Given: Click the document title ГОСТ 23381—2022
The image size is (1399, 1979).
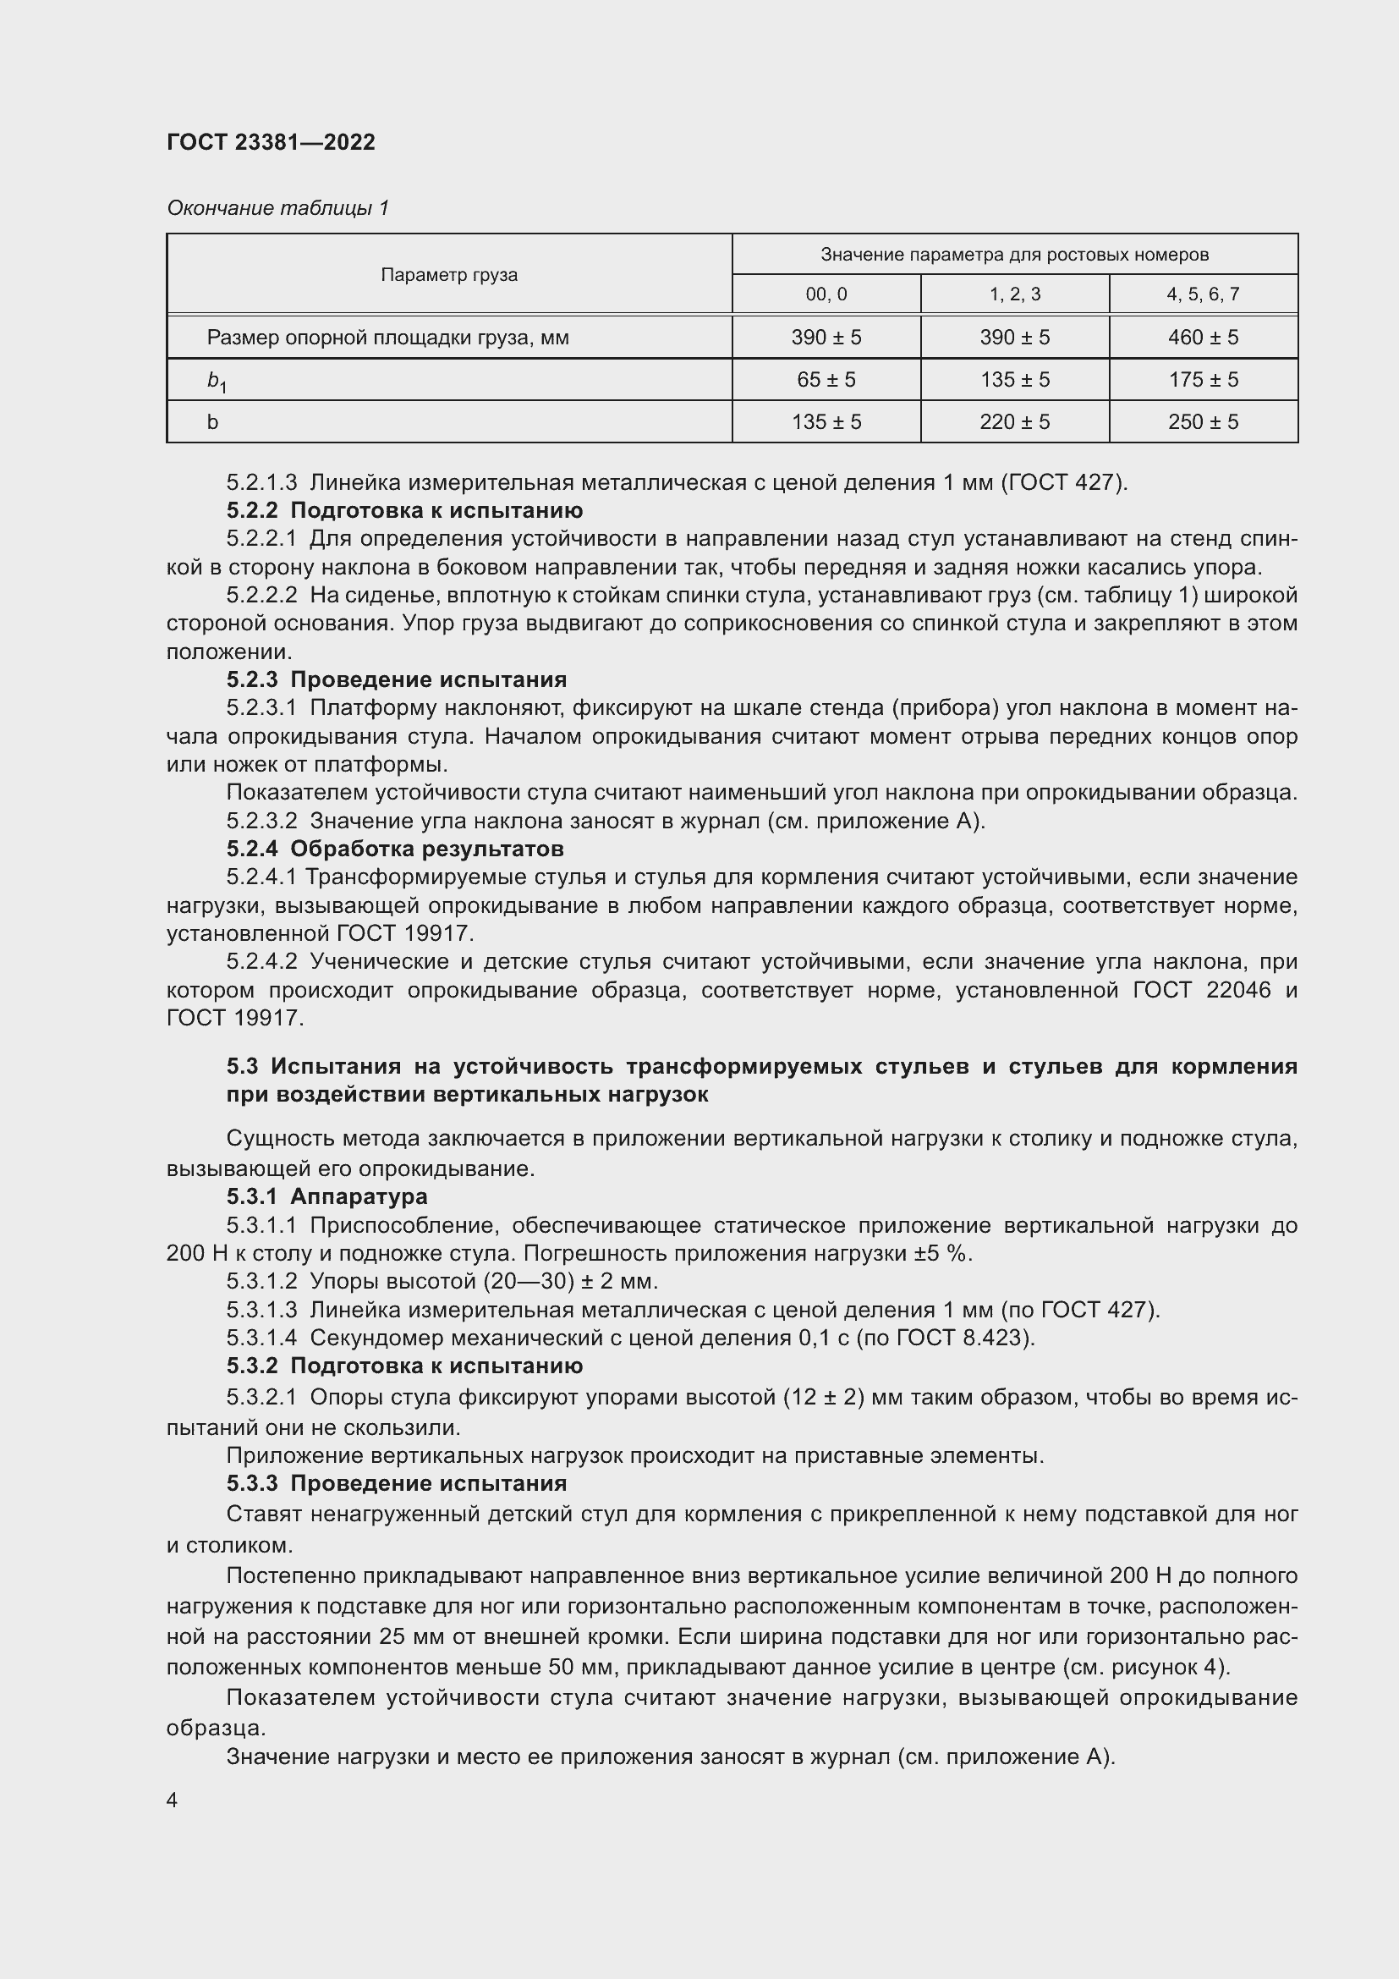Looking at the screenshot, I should [271, 142].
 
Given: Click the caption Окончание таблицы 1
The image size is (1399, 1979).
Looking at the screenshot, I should [277, 208].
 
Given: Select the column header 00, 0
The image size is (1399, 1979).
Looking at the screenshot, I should [826, 294].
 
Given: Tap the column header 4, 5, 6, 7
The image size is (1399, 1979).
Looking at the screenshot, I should [1203, 294].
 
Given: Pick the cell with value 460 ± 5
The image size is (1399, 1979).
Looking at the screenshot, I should [1203, 337].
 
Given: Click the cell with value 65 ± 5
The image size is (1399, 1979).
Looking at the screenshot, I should [826, 379].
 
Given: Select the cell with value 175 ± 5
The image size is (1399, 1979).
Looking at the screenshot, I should [1203, 379].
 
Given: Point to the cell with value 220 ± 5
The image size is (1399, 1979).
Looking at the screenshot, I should [1015, 421].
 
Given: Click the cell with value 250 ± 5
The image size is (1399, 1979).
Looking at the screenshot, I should [1203, 421].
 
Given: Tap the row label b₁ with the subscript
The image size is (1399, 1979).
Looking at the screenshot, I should [217, 381].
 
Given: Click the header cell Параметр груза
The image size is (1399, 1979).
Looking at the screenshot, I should [449, 275].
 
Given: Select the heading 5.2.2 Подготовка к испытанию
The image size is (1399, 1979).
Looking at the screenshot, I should [405, 510].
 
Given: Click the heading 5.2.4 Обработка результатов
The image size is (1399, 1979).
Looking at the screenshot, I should [394, 849].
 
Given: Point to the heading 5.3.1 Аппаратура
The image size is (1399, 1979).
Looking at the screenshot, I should [326, 1196].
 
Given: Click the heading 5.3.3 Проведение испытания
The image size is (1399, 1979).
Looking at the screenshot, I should [396, 1483].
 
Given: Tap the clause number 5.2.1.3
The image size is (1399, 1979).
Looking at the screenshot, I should [262, 481].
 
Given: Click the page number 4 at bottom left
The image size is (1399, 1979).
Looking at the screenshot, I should [173, 1800].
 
